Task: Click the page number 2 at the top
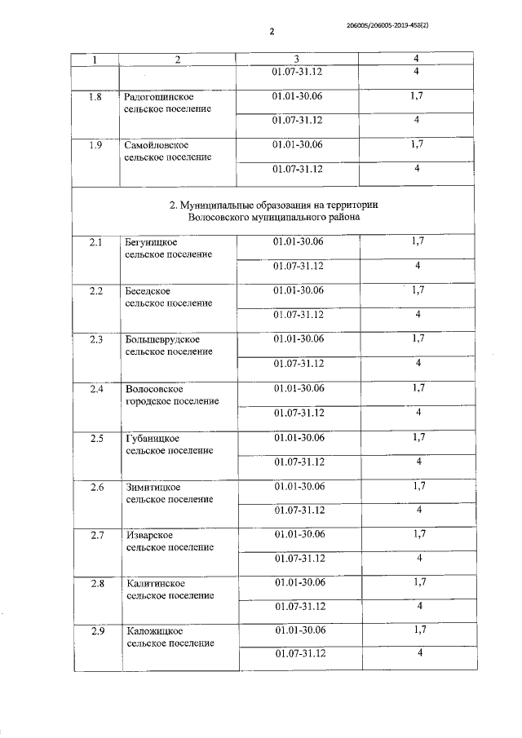pyautogui.click(x=272, y=32)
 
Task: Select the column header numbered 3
pyautogui.click(x=297, y=60)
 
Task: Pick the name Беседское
pyautogui.click(x=148, y=290)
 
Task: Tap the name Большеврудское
pyautogui.click(x=163, y=339)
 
